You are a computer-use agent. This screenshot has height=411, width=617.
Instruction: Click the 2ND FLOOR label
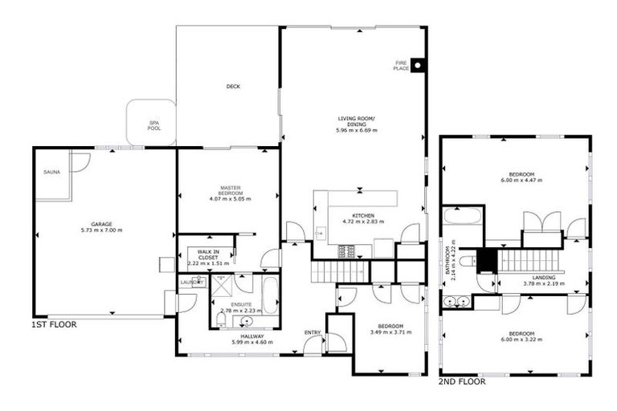462,381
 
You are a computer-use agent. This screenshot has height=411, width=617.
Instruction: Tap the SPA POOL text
153,126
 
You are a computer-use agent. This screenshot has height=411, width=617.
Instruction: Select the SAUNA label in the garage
52,172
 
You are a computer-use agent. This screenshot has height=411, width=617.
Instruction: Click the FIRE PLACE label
401,66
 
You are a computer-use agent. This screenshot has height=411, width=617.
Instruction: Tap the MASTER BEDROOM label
231,189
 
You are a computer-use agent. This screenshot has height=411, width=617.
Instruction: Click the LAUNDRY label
193,282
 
